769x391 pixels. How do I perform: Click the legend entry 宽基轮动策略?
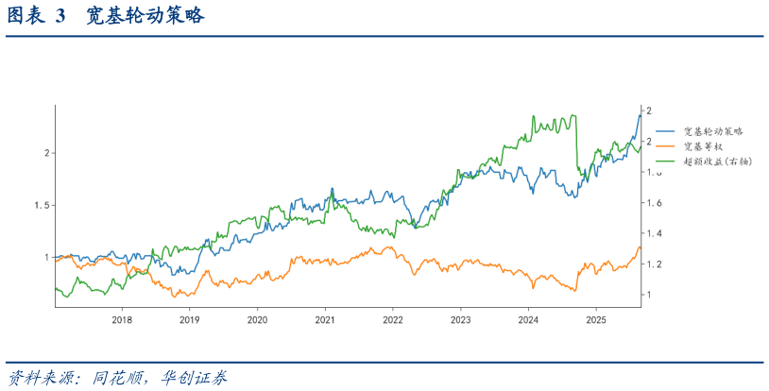(x=713, y=131)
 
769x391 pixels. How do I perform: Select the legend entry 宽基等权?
(x=703, y=146)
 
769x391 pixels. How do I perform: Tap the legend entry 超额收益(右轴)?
(x=717, y=161)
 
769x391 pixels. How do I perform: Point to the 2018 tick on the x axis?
(x=122, y=320)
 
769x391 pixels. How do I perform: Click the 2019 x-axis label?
(x=189, y=320)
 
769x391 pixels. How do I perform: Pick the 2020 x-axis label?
(x=257, y=320)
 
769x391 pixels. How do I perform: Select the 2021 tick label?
(x=325, y=320)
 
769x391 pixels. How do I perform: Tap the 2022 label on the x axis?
(x=393, y=320)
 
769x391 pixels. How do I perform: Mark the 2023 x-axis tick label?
(x=460, y=320)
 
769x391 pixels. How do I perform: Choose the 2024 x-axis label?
(x=528, y=320)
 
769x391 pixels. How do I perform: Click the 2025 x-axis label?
(x=596, y=320)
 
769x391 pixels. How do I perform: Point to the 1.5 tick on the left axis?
(x=42, y=205)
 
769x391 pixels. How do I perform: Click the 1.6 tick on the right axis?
(x=653, y=203)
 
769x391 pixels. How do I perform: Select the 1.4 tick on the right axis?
(x=653, y=233)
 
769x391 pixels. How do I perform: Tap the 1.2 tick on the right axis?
(x=653, y=263)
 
